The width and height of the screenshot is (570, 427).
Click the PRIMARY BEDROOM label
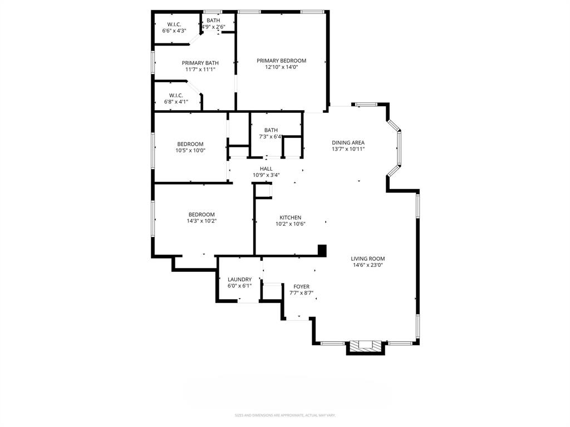(x=281, y=61)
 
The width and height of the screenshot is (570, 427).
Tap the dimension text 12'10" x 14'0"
(x=281, y=67)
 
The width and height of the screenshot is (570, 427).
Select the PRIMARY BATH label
(x=200, y=63)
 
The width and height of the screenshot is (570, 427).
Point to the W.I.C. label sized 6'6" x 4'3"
(x=174, y=24)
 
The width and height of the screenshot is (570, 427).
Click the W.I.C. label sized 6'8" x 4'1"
(x=176, y=95)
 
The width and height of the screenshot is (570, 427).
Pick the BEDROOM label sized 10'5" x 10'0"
(x=190, y=144)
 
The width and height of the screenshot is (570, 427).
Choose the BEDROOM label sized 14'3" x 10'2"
(x=201, y=215)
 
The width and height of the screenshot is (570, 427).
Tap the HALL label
(x=266, y=168)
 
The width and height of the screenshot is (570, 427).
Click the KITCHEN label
(x=290, y=217)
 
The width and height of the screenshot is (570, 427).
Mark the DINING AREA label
(x=348, y=142)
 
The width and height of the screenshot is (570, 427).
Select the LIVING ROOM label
(x=367, y=259)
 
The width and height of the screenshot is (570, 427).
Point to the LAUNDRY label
(x=239, y=279)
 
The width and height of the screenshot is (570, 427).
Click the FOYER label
(x=302, y=286)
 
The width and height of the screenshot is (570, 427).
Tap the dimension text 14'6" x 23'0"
(x=367, y=265)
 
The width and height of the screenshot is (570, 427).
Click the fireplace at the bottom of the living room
(x=365, y=347)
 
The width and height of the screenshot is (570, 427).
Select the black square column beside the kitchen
(x=321, y=250)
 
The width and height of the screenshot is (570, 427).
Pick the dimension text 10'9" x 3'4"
(x=266, y=175)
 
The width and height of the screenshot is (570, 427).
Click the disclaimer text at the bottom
(x=285, y=415)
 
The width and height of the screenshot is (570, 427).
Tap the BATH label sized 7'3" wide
(x=271, y=130)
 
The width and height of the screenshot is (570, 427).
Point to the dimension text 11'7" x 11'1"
(x=200, y=69)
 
